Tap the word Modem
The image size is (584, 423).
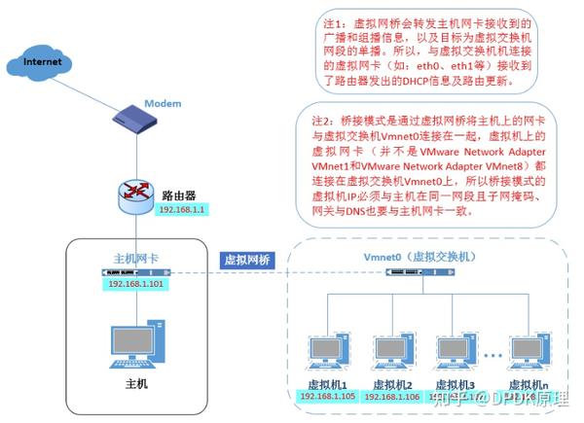(163, 103)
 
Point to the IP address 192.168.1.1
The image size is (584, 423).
(178, 209)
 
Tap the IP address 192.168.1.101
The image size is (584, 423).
(137, 286)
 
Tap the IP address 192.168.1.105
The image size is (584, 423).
(327, 397)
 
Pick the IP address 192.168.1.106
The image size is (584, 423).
(394, 397)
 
